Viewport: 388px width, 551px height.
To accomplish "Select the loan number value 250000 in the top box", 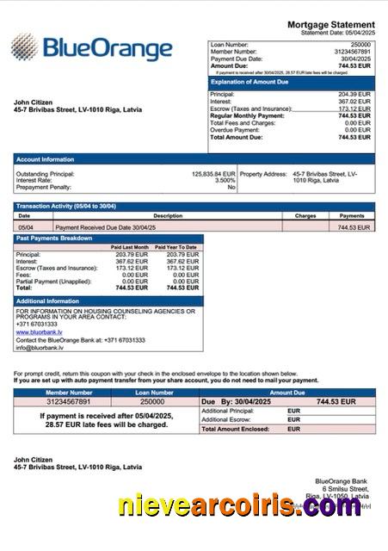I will (x=360, y=44).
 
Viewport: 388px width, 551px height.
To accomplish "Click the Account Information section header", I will (x=45, y=159).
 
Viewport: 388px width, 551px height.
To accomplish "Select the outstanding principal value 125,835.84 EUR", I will (x=212, y=174).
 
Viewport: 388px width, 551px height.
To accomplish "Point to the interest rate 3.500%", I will (x=225, y=181).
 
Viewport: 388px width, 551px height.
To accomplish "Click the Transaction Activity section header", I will (x=65, y=207).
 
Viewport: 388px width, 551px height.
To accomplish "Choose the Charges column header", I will (x=305, y=216).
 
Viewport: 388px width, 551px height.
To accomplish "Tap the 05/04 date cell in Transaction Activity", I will (x=25, y=227).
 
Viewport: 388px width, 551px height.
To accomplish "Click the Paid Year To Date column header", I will (x=179, y=247).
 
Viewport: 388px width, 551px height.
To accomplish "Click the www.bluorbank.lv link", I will (x=40, y=331).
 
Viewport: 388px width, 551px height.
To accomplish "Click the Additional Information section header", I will (x=48, y=300).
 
